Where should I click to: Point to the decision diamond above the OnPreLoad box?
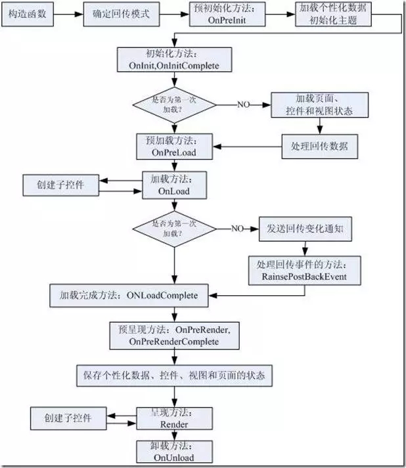[x=174, y=103]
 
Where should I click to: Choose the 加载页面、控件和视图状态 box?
[x=319, y=104]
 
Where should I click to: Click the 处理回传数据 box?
[x=320, y=146]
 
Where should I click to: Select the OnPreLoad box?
[x=175, y=146]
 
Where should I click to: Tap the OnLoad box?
[x=175, y=185]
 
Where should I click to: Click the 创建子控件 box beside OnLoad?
[x=61, y=185]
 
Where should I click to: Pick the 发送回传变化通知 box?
[x=307, y=229]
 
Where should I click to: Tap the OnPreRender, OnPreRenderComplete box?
[x=174, y=335]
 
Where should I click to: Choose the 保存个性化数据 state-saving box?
[x=173, y=375]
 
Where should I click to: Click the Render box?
[x=174, y=419]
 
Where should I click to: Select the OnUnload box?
[x=174, y=452]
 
